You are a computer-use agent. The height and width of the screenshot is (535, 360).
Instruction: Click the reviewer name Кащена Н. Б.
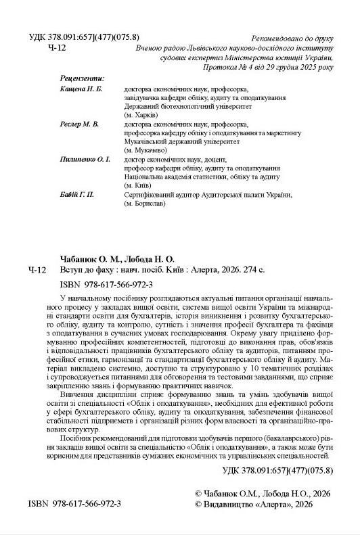pyautogui.click(x=81, y=89)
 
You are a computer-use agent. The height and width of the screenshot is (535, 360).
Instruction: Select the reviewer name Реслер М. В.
pyautogui.click(x=79, y=124)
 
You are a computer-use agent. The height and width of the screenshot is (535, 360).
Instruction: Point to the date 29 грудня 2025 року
pyautogui.click(x=297, y=68)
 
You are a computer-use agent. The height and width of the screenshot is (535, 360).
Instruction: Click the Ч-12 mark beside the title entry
pyautogui.click(x=38, y=271)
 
